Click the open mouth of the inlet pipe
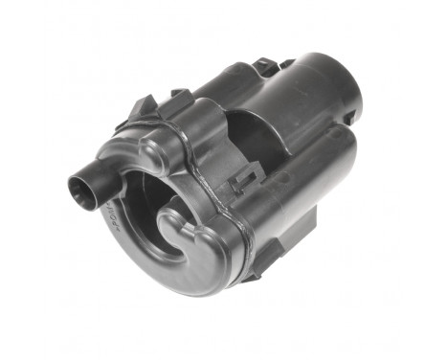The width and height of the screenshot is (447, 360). click(79, 186)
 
